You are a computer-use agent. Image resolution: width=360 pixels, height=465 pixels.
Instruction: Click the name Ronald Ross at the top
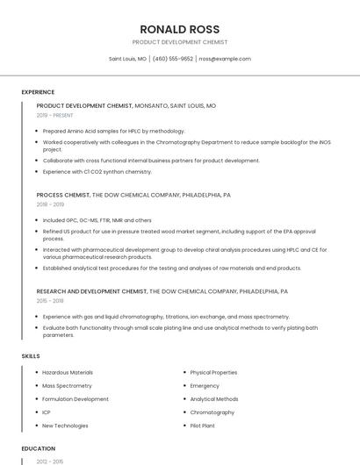point(179,29)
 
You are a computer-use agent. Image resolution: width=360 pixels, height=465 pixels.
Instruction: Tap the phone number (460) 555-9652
point(173,59)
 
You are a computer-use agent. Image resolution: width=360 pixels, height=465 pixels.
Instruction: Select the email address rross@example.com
point(225,59)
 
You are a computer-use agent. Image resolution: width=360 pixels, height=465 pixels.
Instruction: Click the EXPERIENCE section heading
point(38,92)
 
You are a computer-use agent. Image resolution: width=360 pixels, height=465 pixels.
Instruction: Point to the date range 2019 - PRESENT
point(54,115)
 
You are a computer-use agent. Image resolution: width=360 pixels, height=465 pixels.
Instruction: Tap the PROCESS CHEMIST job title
point(63,195)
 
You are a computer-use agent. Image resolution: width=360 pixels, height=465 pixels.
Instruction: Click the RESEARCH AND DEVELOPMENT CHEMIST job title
point(91,290)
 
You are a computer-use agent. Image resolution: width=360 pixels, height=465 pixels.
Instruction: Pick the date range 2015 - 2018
point(50,300)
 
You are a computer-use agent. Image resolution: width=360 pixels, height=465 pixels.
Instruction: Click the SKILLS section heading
point(31,356)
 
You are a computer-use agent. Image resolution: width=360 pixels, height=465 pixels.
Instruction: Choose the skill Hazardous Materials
point(68,373)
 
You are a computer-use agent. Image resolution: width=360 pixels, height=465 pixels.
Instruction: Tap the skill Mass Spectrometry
point(67,386)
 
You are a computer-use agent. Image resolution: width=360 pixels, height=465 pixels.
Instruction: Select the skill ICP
point(47,412)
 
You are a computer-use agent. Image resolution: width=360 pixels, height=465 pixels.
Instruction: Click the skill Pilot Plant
point(204,426)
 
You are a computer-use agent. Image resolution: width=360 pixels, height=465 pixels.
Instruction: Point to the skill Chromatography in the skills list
point(212,412)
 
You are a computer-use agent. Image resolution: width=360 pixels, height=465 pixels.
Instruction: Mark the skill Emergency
point(205,386)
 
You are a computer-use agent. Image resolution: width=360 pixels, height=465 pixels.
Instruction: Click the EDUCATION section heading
point(38,448)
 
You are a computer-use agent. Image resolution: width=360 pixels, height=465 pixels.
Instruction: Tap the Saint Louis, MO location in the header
point(127,59)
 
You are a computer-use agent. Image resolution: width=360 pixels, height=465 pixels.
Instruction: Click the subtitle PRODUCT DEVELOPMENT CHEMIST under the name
point(179,42)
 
